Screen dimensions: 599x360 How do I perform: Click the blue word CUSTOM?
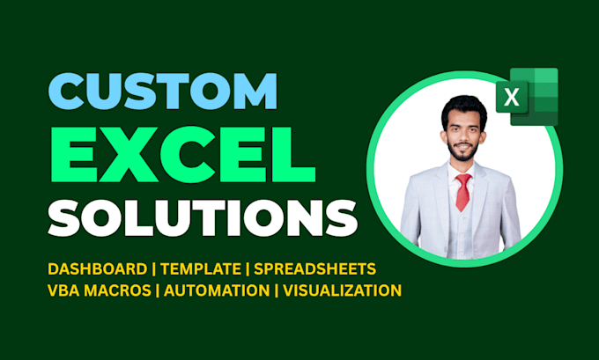tap(163, 92)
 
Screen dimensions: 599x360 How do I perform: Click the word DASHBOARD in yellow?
tap(98, 269)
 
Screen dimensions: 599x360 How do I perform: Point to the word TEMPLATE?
tap(201, 269)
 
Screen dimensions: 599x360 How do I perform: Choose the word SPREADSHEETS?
tap(315, 269)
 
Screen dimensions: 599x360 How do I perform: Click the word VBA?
tap(63, 290)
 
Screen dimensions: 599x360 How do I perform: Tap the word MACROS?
tap(117, 290)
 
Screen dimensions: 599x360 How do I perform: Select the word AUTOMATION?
tap(217, 290)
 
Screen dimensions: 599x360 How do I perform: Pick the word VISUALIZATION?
tap(343, 290)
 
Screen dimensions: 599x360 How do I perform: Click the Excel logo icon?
tap(527, 97)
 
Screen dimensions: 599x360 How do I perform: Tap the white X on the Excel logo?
tap(512, 98)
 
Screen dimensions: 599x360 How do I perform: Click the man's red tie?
tap(463, 192)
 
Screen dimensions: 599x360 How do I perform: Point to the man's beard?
tap(463, 152)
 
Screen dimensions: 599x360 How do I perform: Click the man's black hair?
tap(464, 108)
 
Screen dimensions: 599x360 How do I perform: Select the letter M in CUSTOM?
tap(255, 92)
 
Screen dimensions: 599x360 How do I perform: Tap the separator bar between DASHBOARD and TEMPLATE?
tap(154, 269)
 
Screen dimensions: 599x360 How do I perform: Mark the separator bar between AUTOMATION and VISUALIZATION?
tap(277, 290)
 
